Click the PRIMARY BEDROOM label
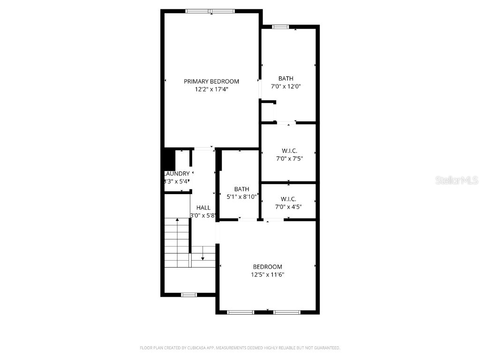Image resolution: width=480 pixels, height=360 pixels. [211, 81]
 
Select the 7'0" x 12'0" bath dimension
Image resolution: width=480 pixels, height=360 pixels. [285, 86]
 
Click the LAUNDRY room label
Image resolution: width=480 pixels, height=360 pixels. [177, 173]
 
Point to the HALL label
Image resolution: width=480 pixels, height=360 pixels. [203, 208]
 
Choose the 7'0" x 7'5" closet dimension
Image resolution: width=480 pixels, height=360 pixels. [289, 158]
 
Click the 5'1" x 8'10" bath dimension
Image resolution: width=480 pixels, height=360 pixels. [241, 197]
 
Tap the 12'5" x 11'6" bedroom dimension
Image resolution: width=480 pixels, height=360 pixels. [267, 275]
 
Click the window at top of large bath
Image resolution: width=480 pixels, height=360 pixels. [280, 27]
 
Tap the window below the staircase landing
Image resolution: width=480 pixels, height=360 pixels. [188, 295]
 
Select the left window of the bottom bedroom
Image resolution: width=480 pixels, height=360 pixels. [240, 312]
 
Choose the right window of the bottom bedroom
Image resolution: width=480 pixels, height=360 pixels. [287, 312]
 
